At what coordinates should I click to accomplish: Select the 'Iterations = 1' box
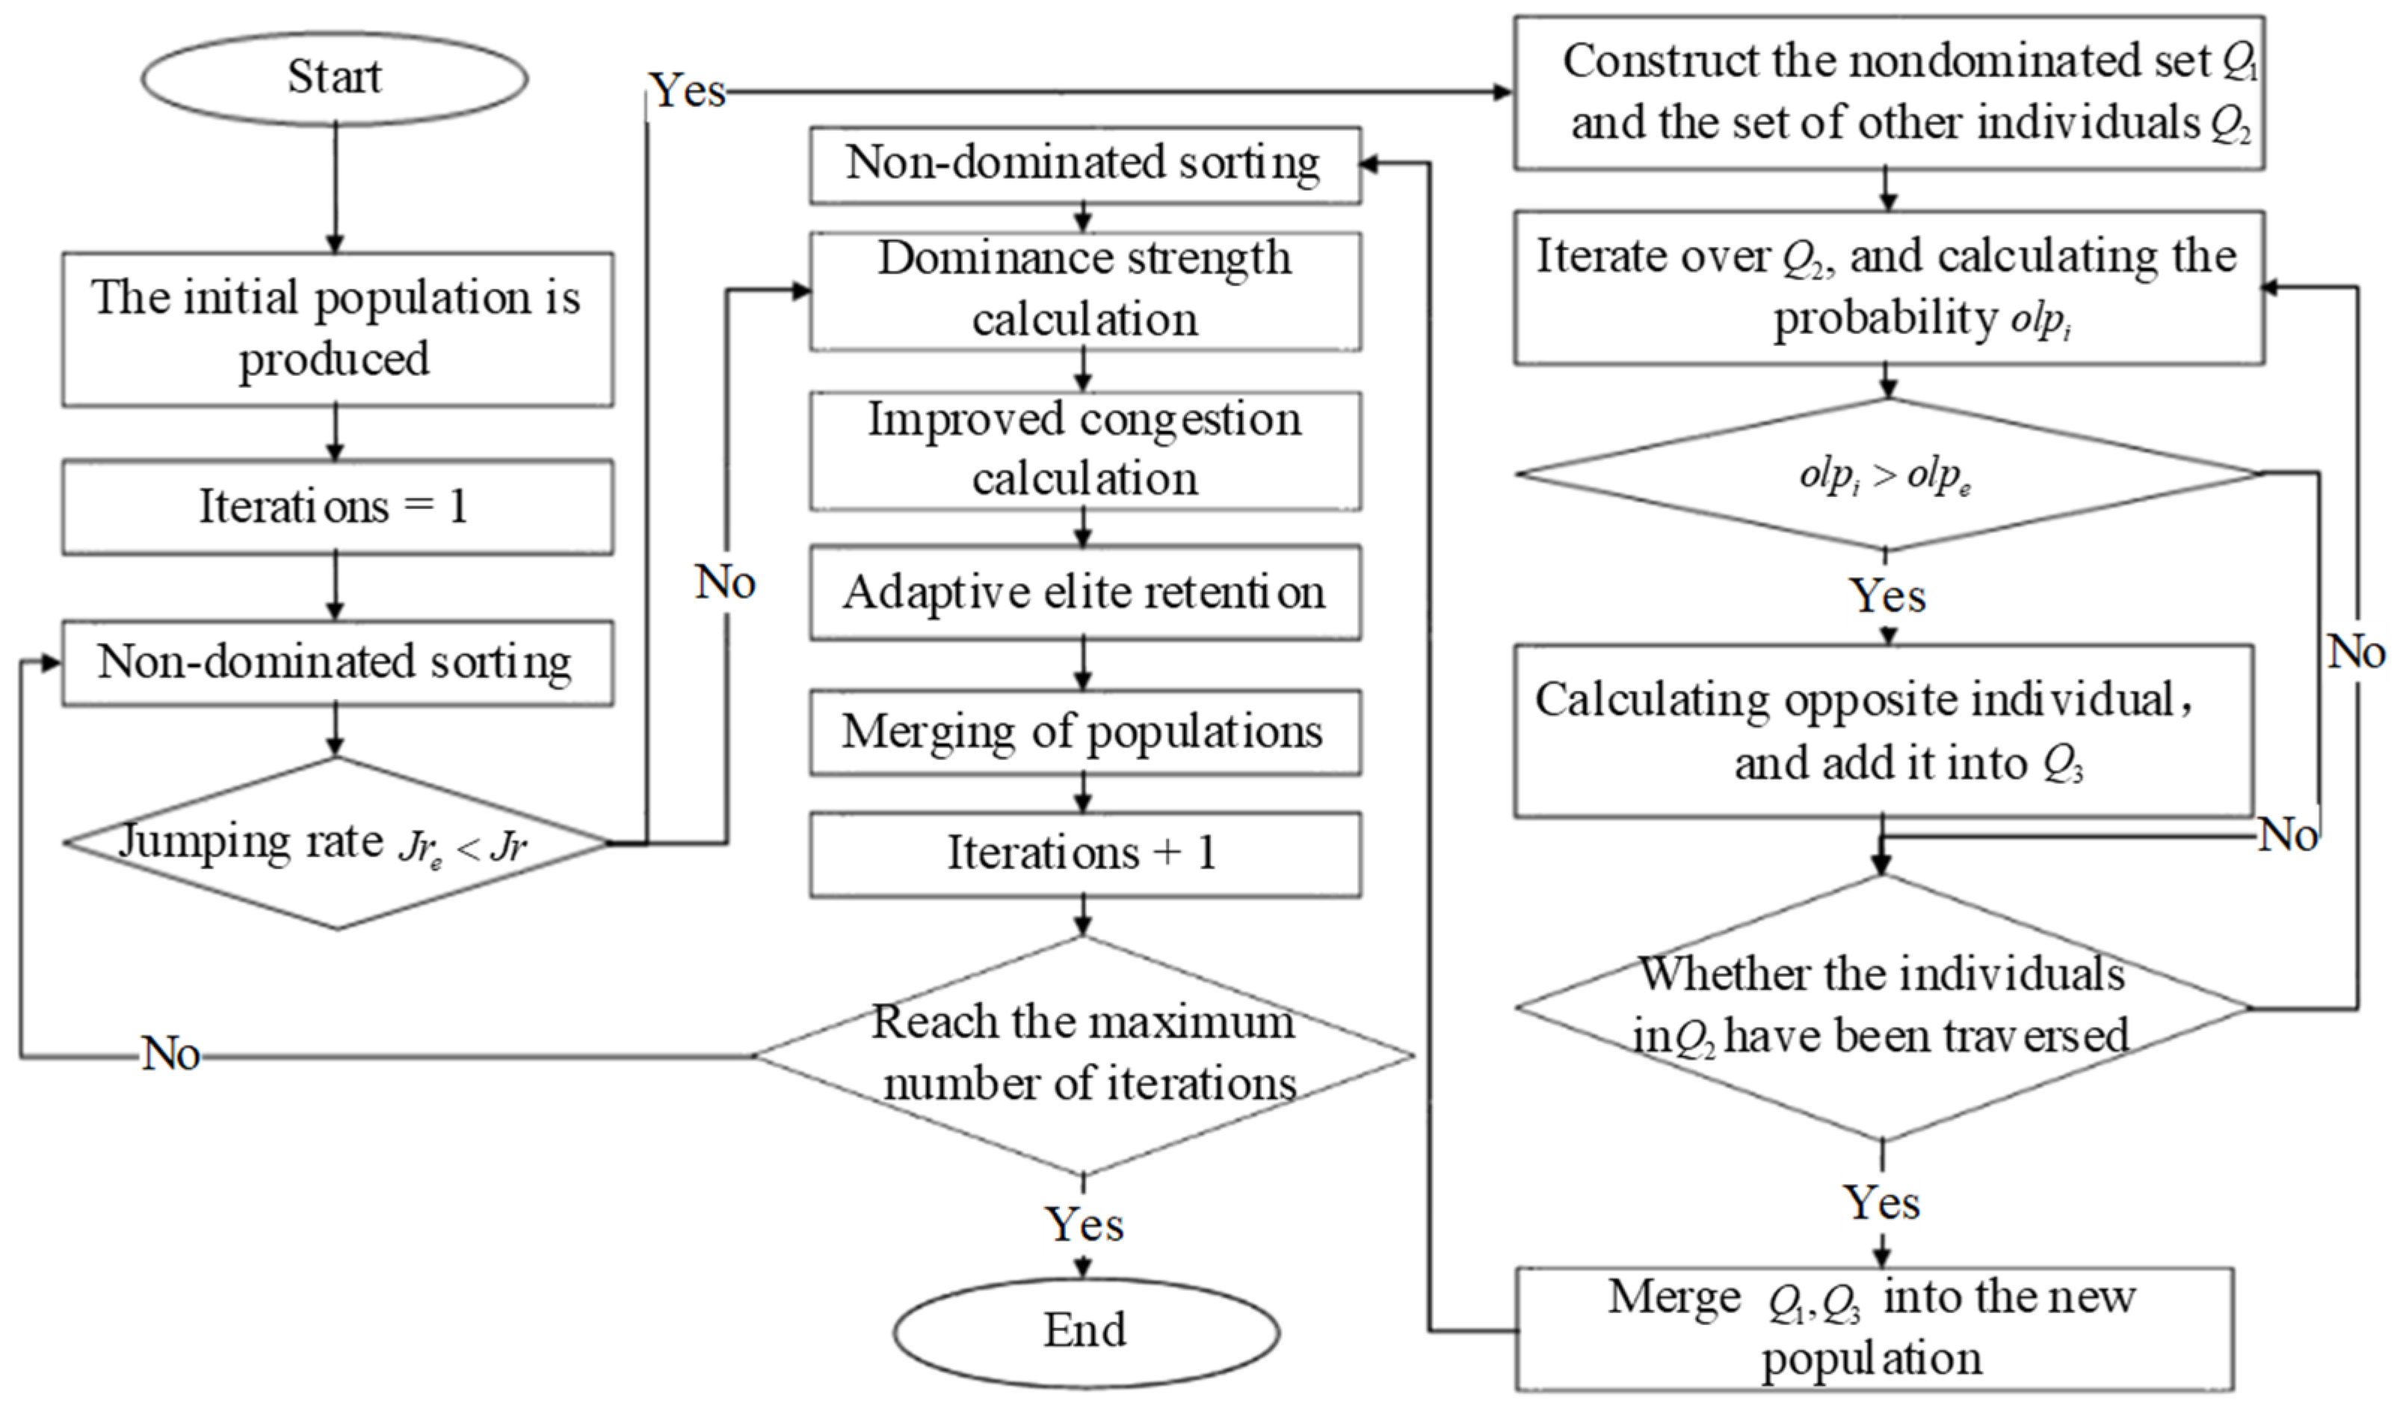coord(337,507)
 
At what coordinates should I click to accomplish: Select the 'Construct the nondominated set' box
coord(1888,93)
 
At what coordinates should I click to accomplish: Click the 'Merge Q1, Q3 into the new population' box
coord(1873,1328)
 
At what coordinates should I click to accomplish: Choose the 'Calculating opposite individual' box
coord(1883,731)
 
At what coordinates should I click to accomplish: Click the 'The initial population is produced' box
coord(337,329)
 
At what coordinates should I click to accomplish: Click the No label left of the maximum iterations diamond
coord(171,1055)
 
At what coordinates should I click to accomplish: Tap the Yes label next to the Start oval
coord(688,91)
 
